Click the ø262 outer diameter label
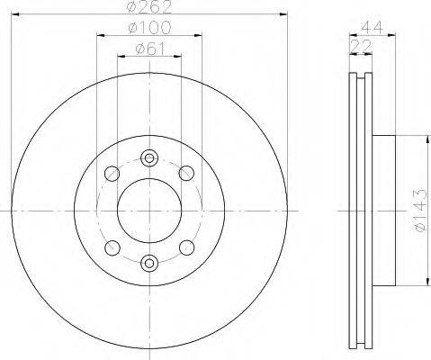coord(149,7)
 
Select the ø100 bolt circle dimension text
coord(149,28)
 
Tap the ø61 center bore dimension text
coord(150,49)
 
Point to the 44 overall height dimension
coord(373,28)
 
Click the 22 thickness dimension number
coord(361,46)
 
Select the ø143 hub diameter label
coord(420,211)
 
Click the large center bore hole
coord(149,211)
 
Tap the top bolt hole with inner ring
coord(149,158)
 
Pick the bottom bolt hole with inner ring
coord(149,263)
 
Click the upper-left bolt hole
coord(112,173)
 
